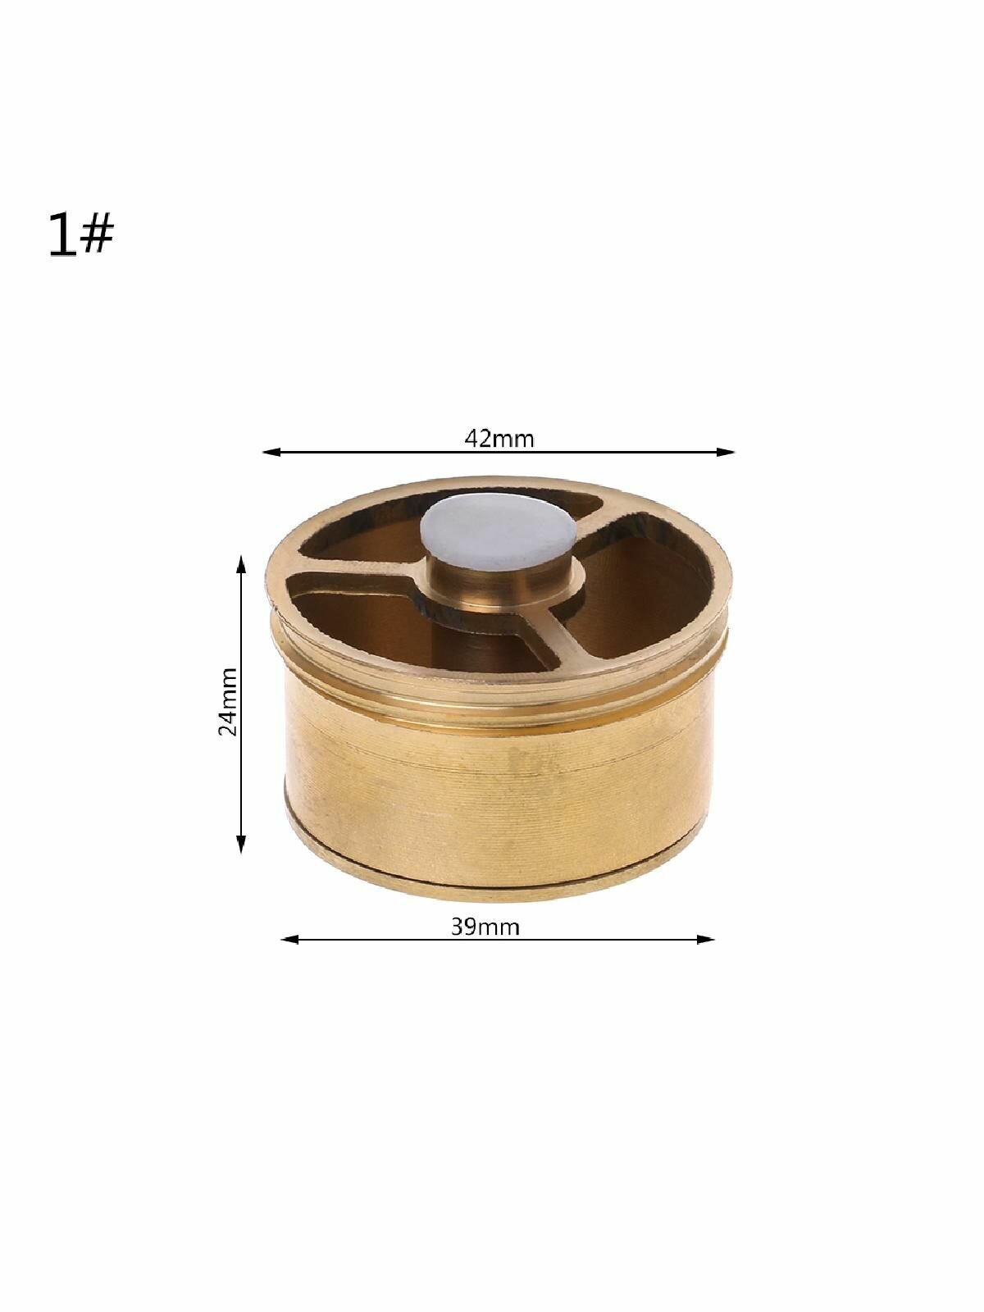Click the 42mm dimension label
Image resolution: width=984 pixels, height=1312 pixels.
coord(499,440)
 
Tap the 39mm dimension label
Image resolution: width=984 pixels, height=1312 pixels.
coord(485,927)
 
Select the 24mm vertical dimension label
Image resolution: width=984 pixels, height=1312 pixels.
coord(228,702)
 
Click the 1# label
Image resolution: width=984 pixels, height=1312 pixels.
coord(81,235)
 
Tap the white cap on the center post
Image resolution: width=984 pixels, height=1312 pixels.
coord(499,531)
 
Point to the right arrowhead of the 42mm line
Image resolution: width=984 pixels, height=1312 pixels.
coord(726,453)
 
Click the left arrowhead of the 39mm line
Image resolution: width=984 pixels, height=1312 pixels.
coord(289,940)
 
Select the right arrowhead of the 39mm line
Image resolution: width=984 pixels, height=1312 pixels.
coord(705,940)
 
